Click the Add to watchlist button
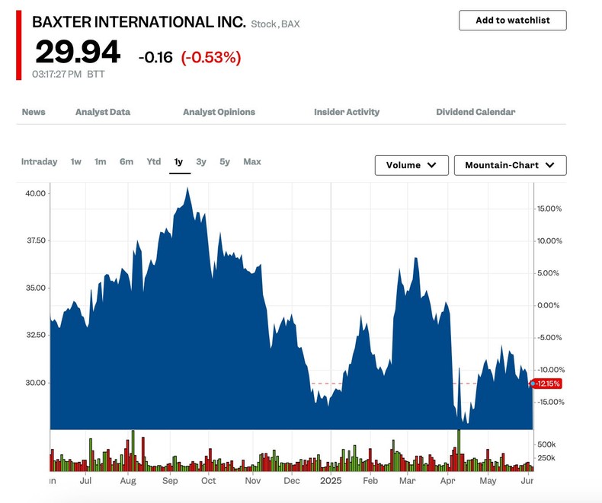tap(512, 21)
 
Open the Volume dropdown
tap(411, 165)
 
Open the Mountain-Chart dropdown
tap(510, 165)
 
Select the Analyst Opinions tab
tap(219, 112)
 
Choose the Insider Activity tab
tap(347, 112)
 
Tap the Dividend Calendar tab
tap(476, 112)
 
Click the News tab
tap(34, 112)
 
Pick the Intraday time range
tap(39, 161)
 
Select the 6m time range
tap(126, 161)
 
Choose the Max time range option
tap(252, 161)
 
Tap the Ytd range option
tap(154, 161)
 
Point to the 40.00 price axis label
tap(36, 193)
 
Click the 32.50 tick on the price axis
tap(36, 335)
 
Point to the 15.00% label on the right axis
tap(549, 209)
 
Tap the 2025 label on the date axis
tap(331, 481)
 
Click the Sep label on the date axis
tap(170, 481)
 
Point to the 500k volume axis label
tap(546, 444)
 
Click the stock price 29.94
tap(78, 53)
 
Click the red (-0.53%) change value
tap(211, 57)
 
